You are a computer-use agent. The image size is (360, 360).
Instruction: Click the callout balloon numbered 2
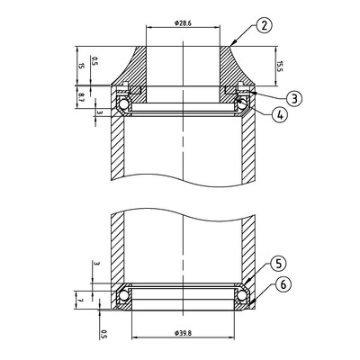[x=264, y=25]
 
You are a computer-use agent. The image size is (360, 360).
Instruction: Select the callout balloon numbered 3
[x=294, y=98]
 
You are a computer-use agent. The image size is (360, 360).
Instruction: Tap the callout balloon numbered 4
[x=280, y=115]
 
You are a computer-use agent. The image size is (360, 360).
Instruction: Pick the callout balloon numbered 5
[x=278, y=264]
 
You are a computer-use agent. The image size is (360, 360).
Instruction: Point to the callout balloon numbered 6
[x=283, y=285]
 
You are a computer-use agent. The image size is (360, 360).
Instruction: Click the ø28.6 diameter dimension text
[x=183, y=23]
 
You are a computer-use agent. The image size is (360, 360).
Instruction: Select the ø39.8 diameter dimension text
[x=183, y=333]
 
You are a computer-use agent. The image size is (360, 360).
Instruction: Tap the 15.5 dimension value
[x=279, y=67]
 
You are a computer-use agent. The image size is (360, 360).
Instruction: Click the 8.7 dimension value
[x=81, y=98]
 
